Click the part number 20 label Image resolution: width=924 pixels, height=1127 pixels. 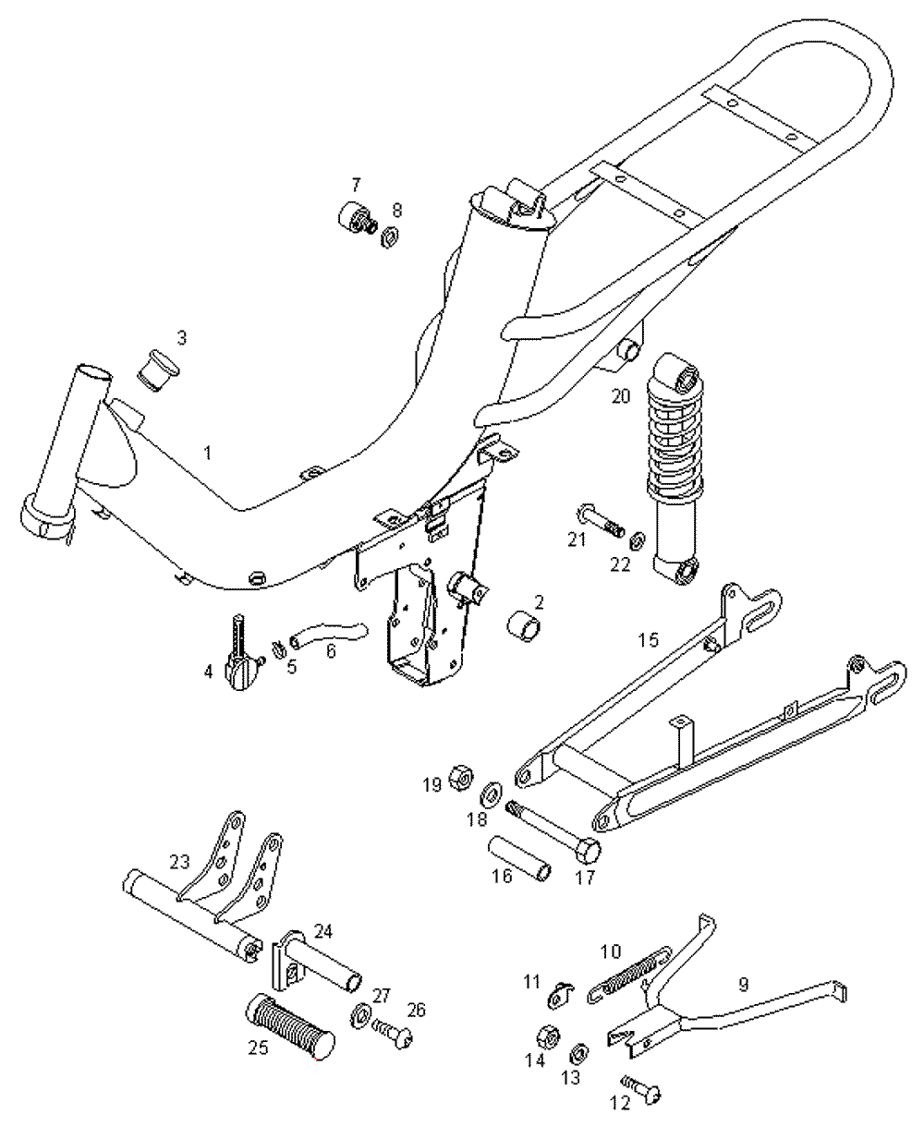point(621,396)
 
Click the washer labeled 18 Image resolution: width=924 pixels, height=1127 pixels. point(491,793)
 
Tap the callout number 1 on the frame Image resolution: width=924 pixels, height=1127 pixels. point(208,454)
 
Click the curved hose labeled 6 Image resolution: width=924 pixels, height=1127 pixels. point(328,635)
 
